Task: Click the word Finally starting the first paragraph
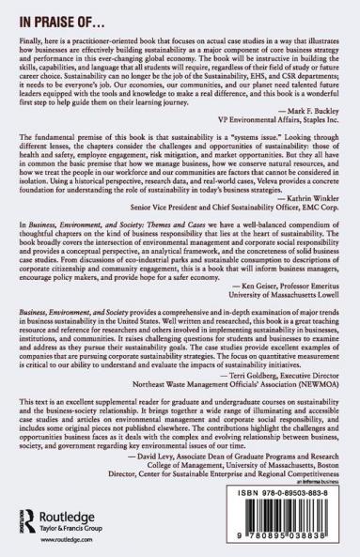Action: point(34,42)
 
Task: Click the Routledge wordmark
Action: point(56,521)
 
